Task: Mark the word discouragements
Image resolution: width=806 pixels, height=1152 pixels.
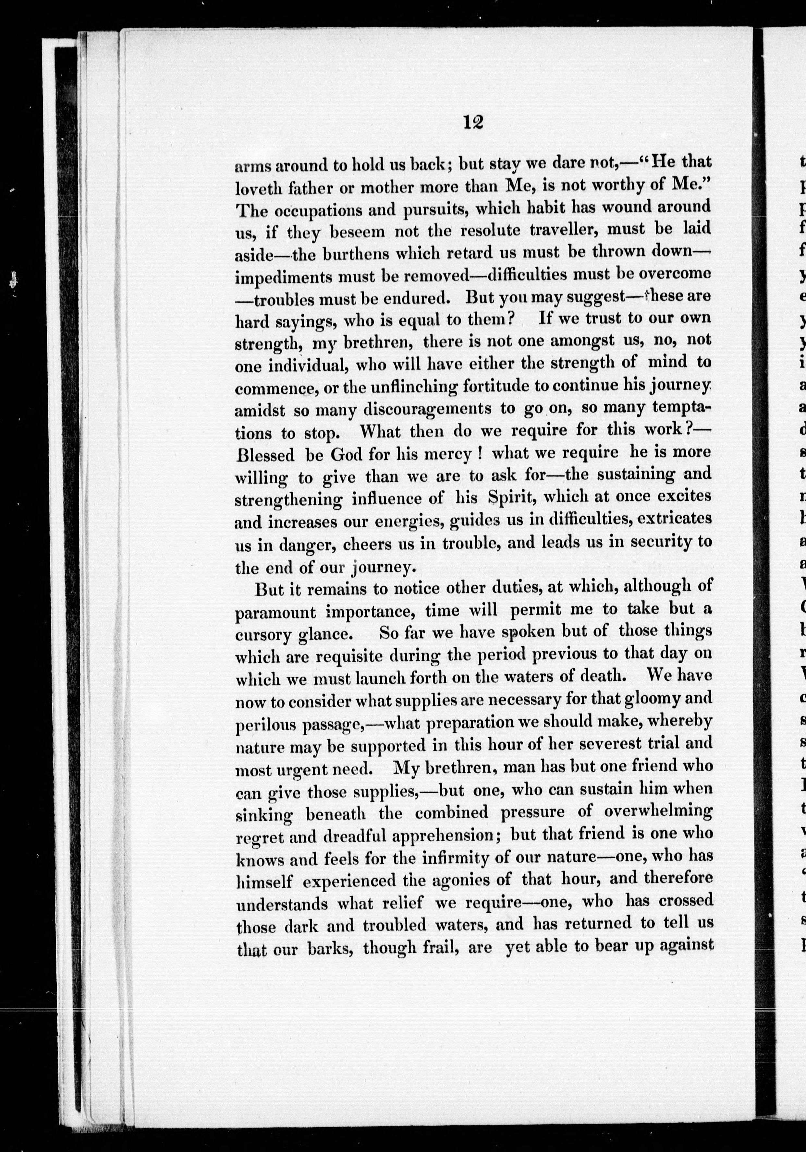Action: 427,409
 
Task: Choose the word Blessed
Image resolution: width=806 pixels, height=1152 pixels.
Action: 265,455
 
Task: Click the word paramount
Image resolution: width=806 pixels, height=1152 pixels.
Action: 275,613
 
